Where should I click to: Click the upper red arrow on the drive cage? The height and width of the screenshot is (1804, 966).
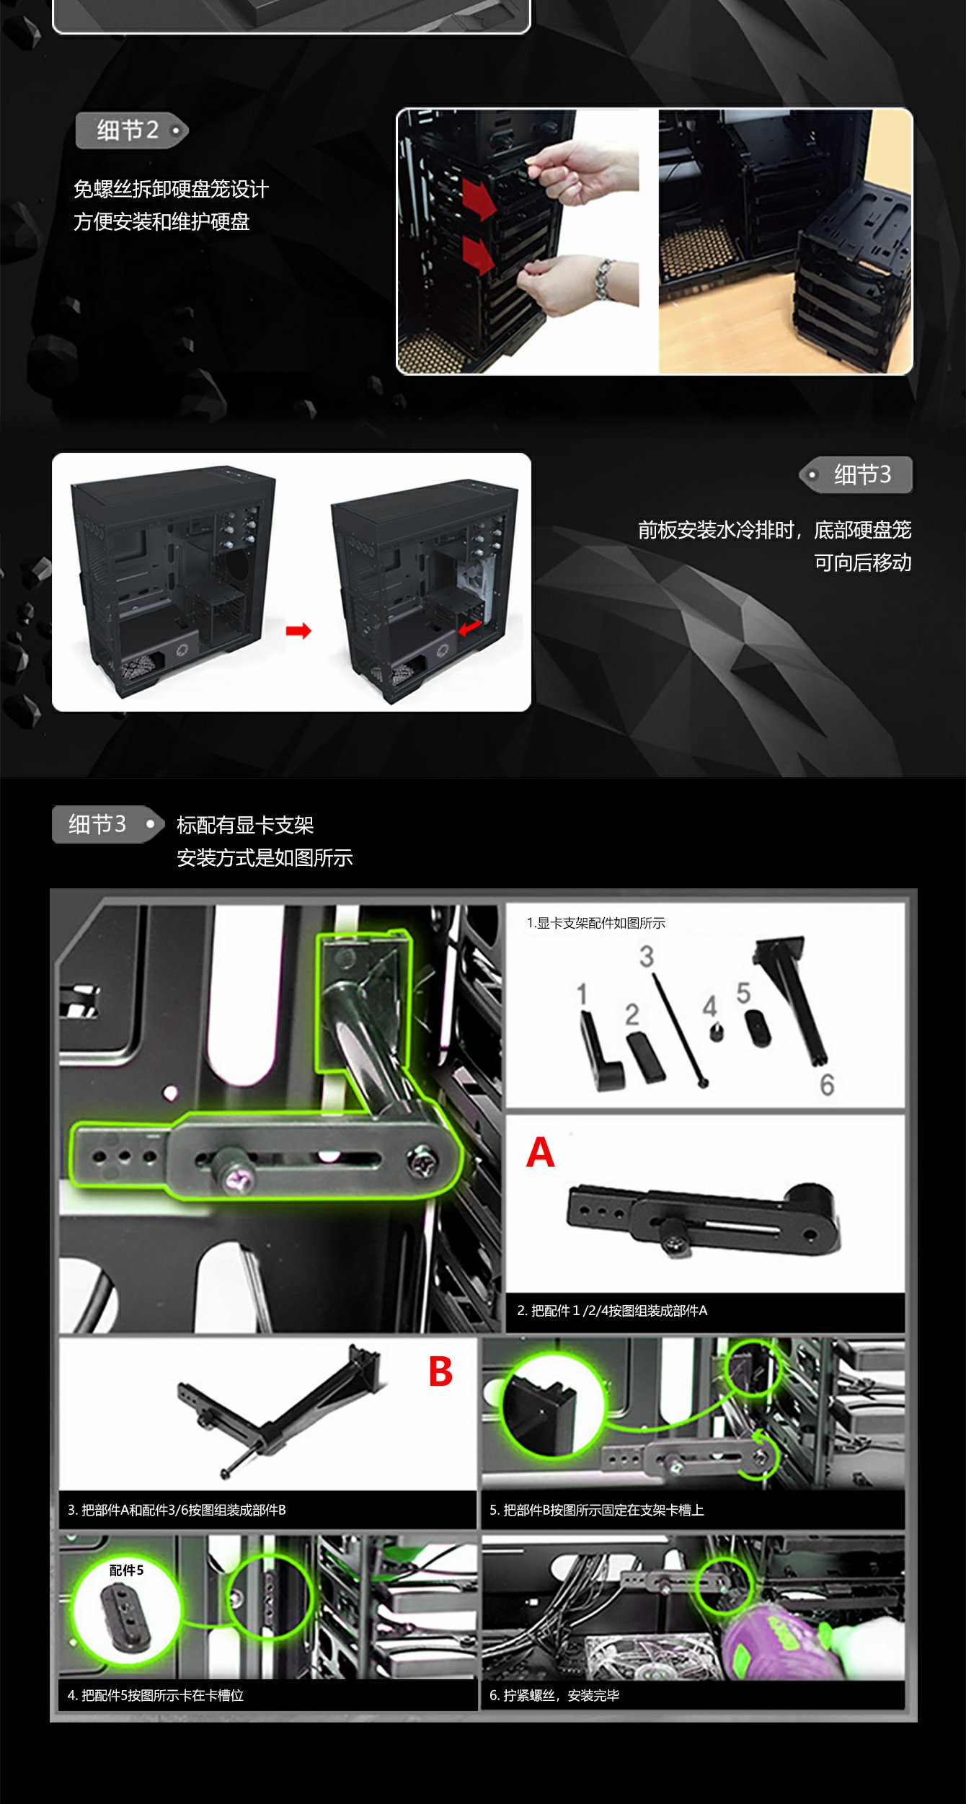tap(478, 199)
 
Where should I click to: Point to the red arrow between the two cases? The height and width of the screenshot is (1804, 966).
tap(298, 631)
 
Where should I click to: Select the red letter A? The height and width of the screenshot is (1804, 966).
tap(540, 1152)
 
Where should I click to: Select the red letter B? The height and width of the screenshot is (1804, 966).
tap(440, 1371)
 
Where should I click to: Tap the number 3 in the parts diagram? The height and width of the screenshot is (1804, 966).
tap(646, 956)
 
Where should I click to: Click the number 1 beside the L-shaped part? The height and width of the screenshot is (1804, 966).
tap(582, 994)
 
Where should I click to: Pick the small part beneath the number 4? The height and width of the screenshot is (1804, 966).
tap(716, 1032)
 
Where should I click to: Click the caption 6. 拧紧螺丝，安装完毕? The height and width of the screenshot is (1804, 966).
tap(554, 1695)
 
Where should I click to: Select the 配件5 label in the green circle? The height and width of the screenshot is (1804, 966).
tap(126, 1570)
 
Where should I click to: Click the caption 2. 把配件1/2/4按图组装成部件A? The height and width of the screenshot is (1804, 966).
tap(612, 1310)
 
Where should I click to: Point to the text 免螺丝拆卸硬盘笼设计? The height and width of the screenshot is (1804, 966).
tap(171, 189)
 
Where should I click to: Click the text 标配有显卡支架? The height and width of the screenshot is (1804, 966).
tap(245, 825)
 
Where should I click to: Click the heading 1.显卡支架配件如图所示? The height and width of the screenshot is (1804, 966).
tap(595, 923)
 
